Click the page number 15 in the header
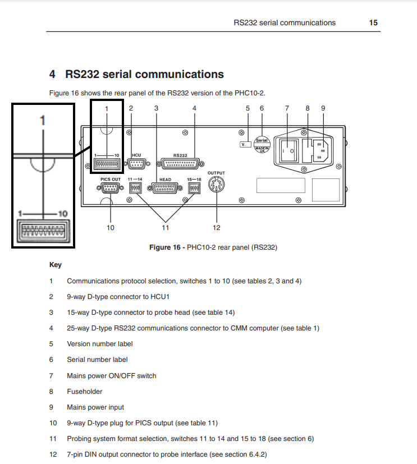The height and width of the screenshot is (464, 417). click(x=373, y=23)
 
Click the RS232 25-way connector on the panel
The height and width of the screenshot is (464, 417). click(x=180, y=164)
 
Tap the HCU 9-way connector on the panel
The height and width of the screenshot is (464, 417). click(x=136, y=164)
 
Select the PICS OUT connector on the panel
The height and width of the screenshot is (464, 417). click(x=110, y=187)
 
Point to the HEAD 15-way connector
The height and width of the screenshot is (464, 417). click(x=165, y=188)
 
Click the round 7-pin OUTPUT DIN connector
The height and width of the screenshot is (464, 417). click(x=216, y=185)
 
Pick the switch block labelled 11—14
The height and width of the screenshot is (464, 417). click(x=135, y=188)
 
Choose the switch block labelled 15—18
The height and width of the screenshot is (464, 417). click(x=194, y=188)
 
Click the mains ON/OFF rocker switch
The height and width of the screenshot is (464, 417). click(x=288, y=151)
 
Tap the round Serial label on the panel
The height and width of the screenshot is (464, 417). click(x=262, y=145)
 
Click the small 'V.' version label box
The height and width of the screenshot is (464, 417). click(x=245, y=144)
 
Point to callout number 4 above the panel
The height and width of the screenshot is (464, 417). click(x=194, y=108)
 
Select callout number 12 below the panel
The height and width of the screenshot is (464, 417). click(x=216, y=228)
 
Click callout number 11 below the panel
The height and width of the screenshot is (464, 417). click(x=166, y=228)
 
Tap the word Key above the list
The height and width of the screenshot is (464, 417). click(x=56, y=265)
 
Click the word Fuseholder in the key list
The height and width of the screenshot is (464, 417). click(x=85, y=392)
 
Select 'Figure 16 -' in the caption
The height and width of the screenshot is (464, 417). click(x=167, y=247)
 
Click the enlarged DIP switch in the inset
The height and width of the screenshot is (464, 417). click(x=44, y=231)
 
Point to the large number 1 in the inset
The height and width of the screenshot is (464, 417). click(x=43, y=121)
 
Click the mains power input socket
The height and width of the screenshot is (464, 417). click(x=321, y=151)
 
